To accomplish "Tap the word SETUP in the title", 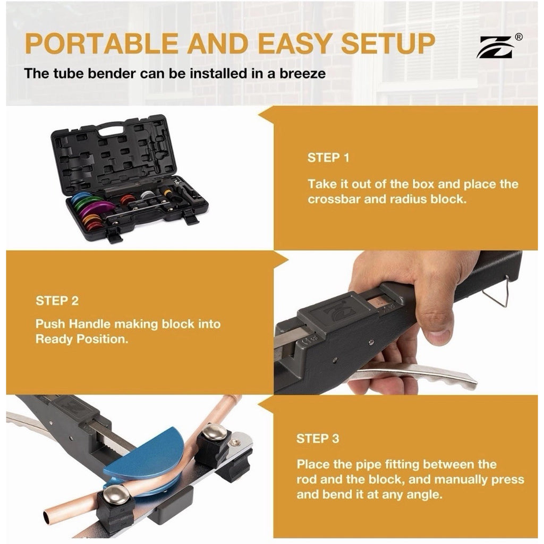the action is point(387,44).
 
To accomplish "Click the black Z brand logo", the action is point(496,47).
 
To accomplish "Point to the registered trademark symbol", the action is point(518,37).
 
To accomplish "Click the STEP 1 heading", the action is point(328,158).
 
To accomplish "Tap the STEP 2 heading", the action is point(57,301).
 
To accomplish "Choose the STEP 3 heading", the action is point(318,438).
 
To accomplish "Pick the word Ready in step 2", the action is point(55,339).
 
